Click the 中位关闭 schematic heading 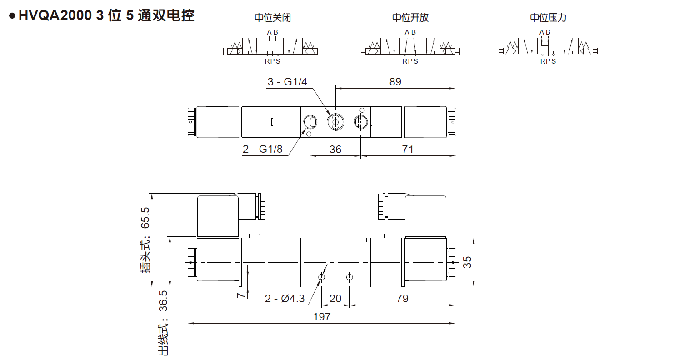click(272, 18)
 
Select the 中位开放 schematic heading click(410, 18)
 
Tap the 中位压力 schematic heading click(548, 18)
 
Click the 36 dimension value click(335, 149)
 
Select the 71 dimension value click(408, 149)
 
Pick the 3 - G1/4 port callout click(287, 82)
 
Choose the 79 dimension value click(402, 298)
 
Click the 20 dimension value click(335, 298)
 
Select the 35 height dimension click(467, 262)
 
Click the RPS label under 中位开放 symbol click(410, 61)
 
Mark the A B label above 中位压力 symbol click(545, 32)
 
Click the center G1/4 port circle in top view click(335, 121)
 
